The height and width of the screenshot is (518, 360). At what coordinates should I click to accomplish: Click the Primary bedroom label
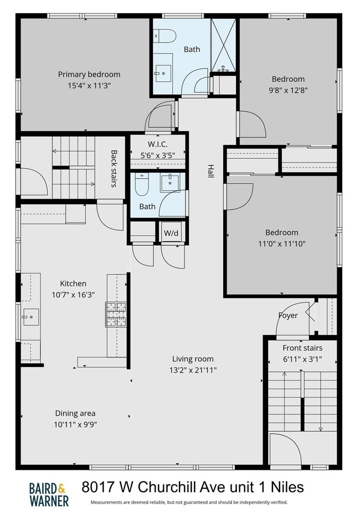click(89, 74)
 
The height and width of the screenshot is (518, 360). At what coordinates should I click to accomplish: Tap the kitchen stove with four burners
click(116, 314)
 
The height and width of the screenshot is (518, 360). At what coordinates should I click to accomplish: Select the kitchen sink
click(29, 318)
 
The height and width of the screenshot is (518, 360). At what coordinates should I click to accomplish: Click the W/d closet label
click(171, 233)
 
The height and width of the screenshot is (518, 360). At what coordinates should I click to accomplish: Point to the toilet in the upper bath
click(165, 37)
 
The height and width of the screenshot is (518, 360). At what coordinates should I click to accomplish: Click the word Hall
click(210, 171)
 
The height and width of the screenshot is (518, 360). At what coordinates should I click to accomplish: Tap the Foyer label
click(287, 315)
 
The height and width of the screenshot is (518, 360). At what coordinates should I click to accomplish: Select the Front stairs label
click(302, 348)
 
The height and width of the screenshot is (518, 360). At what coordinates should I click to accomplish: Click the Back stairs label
click(114, 168)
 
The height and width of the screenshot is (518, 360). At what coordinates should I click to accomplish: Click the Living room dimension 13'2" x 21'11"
click(192, 369)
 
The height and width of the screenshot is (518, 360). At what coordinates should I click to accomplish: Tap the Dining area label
click(75, 413)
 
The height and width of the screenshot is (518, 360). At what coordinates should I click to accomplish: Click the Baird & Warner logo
click(49, 494)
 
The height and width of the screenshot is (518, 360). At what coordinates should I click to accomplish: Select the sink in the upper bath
click(163, 71)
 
